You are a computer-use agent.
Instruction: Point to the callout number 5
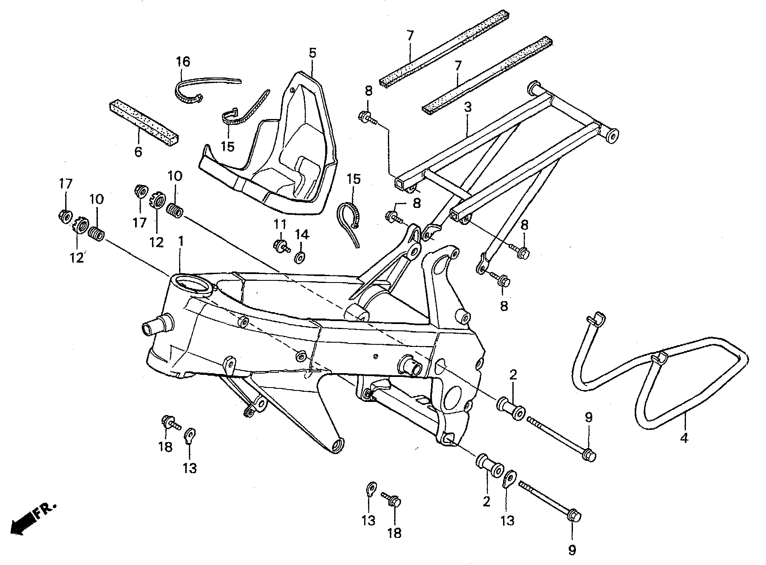tap(312, 53)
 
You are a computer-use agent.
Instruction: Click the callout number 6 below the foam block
tap(138, 151)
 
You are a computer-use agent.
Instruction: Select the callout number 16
tap(183, 61)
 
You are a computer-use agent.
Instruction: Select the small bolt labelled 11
tap(281, 246)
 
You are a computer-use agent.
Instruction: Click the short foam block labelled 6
tap(144, 123)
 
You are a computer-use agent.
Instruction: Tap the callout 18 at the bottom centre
tap(394, 532)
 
